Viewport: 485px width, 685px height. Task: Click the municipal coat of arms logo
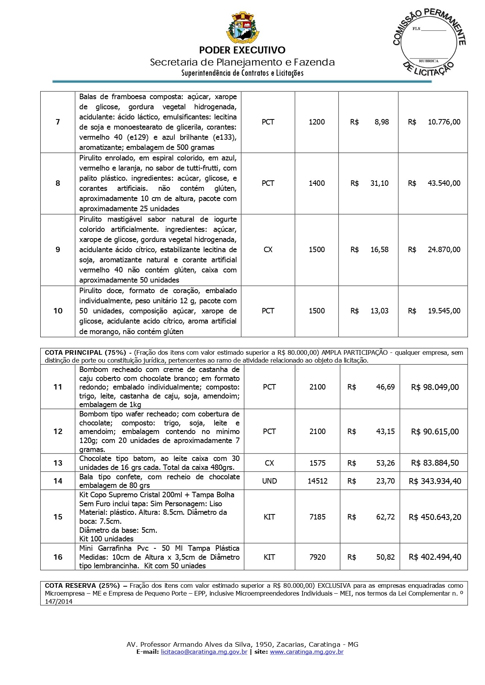click(x=242, y=28)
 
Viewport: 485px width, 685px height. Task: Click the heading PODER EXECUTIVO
click(x=242, y=50)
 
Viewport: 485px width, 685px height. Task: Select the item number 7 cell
click(x=58, y=122)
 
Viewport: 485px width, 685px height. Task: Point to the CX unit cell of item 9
click(x=268, y=250)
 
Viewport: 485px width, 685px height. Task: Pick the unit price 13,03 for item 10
click(x=379, y=311)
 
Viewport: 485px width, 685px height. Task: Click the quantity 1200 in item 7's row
click(x=317, y=122)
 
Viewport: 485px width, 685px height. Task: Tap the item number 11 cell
click(x=58, y=387)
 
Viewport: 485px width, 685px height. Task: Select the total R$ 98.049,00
click(x=435, y=387)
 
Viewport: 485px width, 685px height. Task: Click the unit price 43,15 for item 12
click(x=385, y=432)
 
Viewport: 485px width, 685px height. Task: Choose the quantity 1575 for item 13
click(x=317, y=463)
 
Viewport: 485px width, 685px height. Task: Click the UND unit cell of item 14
click(x=269, y=481)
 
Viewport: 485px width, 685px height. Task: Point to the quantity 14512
click(x=317, y=481)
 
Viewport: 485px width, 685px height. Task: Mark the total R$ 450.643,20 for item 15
click(x=435, y=517)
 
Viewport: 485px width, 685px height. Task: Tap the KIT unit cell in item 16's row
click(x=269, y=557)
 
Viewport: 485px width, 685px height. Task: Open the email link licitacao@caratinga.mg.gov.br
click(x=204, y=652)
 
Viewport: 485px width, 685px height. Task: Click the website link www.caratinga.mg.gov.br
click(x=307, y=652)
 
